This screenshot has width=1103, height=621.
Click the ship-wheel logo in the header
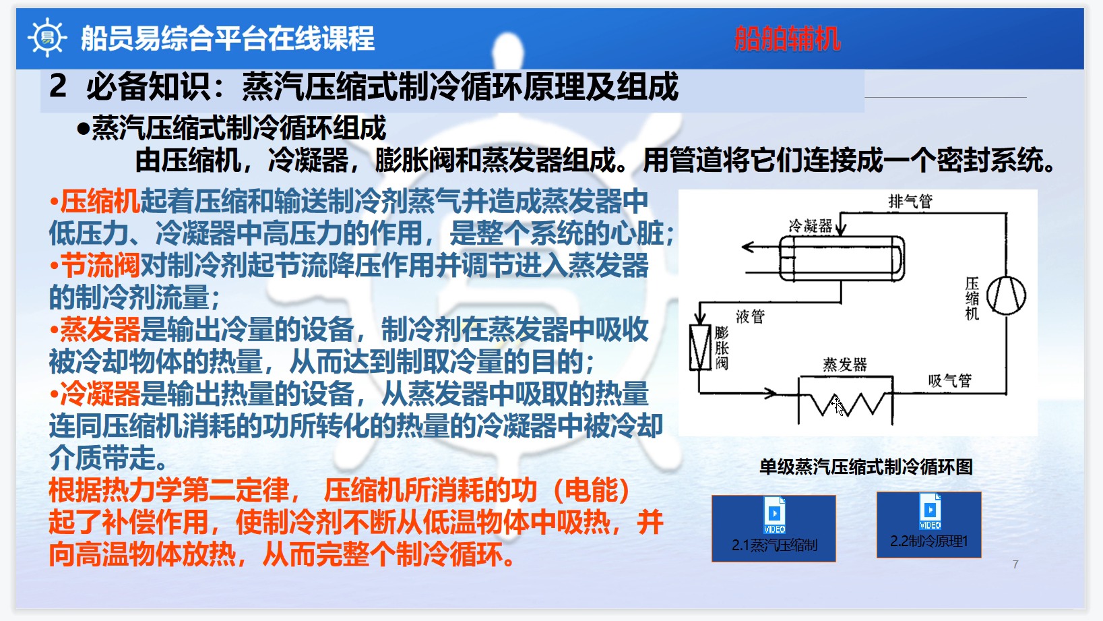pos(46,38)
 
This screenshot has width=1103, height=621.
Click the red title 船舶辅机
pos(787,38)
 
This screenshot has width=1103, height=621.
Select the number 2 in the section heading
pos(58,86)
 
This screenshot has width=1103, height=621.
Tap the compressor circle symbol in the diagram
pos(1006,295)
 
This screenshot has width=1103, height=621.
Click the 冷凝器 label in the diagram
pos(810,226)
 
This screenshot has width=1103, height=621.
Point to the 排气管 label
pos(910,201)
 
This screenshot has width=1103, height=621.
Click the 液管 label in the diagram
pos(750,316)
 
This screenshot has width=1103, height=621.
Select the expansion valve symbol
pos(700,347)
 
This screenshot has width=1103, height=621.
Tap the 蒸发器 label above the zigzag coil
pos(844,365)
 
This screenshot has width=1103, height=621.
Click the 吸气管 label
pos(949,381)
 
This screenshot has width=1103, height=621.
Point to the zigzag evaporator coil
pos(846,404)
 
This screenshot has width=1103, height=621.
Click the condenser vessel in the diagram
pos(842,258)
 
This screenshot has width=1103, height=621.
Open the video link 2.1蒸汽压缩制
pos(774,529)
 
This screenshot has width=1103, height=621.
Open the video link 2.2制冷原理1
pos(928,525)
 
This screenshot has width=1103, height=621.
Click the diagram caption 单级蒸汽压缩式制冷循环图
pos(866,467)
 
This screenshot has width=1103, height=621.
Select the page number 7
pos(1015,564)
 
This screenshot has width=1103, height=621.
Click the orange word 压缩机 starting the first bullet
pos(100,200)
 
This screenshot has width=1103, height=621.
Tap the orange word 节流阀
pos(100,266)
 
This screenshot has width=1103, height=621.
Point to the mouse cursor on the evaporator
pos(838,406)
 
